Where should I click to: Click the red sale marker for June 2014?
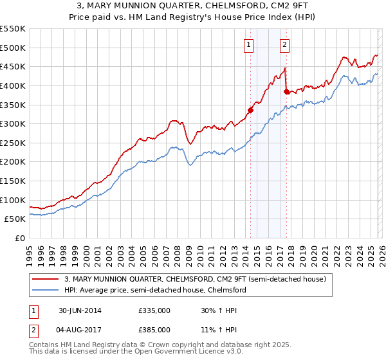250,110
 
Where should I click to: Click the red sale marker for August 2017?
286,91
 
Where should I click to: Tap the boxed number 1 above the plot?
248,44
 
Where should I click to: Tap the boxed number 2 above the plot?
284,44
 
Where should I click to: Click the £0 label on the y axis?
19,238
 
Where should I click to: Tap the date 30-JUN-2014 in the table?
79,310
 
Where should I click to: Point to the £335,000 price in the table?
154,310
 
